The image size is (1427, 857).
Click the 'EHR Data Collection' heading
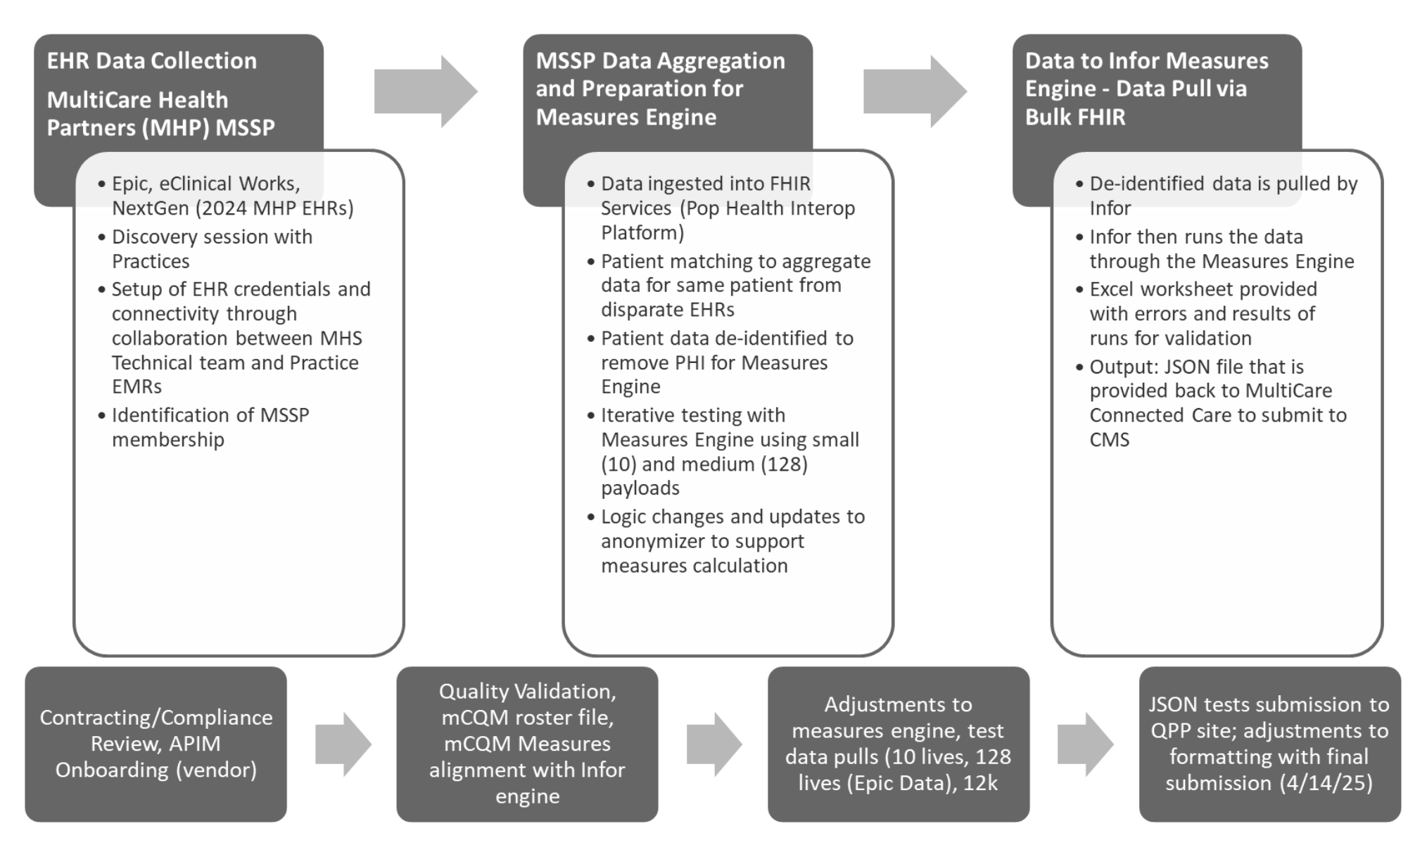[x=152, y=61]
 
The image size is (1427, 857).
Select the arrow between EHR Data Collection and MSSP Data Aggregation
[x=426, y=91]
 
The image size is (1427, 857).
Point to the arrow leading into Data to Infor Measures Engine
[x=915, y=91]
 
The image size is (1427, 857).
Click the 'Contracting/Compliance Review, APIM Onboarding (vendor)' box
[x=156, y=744]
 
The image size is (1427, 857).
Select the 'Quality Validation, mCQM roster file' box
[x=527, y=744]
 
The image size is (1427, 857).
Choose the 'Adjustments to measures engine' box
[x=899, y=744]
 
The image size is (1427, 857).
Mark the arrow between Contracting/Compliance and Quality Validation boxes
[x=343, y=744]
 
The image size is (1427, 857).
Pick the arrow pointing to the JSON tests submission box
[x=1085, y=744]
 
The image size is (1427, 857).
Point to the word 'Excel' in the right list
[x=1112, y=289]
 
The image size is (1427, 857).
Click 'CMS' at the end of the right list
[x=1109, y=440]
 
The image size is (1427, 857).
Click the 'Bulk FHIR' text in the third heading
[x=1075, y=117]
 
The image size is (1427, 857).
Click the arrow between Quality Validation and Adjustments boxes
[x=714, y=744]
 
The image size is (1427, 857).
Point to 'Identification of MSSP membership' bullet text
[x=210, y=427]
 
